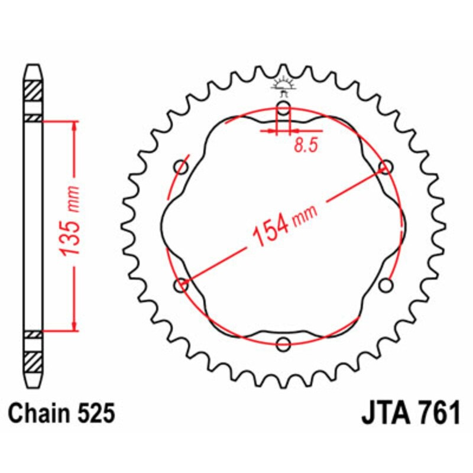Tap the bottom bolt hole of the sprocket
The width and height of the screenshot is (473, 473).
[284, 344]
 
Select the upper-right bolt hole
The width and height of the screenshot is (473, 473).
[386, 167]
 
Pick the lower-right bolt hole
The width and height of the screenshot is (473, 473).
[386, 286]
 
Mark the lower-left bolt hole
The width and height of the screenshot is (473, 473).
[181, 286]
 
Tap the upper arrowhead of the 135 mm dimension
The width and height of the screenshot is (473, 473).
[74, 127]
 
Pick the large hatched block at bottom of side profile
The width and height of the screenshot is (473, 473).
[33, 359]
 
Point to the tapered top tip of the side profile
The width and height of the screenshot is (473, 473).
[33, 69]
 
